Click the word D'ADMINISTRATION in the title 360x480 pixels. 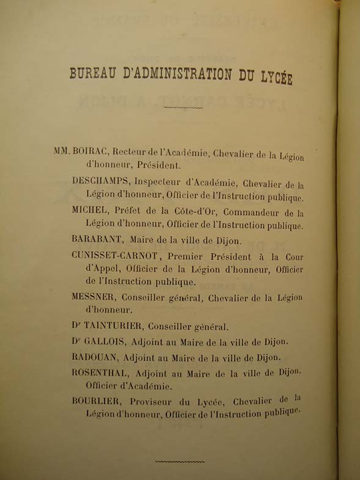[x=180, y=76]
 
